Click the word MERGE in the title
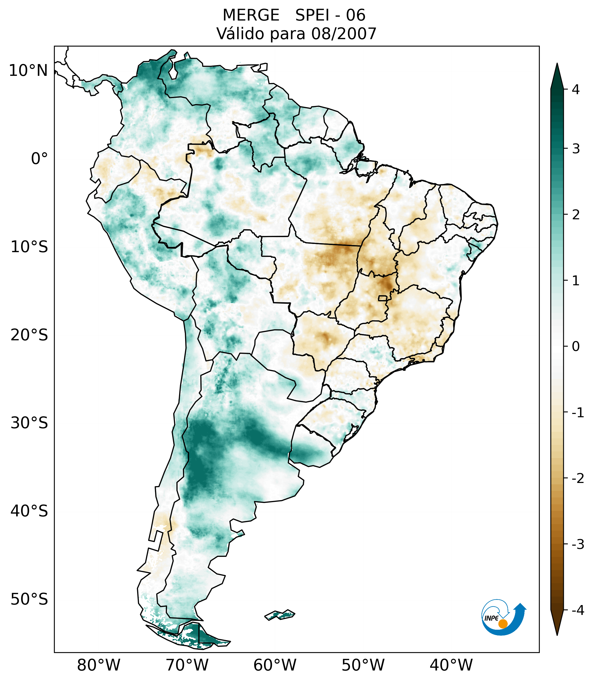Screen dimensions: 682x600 [x=251, y=15]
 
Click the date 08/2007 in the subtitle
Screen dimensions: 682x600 [x=343, y=34]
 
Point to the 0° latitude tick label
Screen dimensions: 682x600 [x=39, y=159]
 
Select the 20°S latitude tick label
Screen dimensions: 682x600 [x=29, y=335]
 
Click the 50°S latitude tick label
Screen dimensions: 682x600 [x=29, y=599]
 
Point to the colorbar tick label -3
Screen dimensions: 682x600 [x=578, y=544]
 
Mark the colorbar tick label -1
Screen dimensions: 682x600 [x=578, y=413]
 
